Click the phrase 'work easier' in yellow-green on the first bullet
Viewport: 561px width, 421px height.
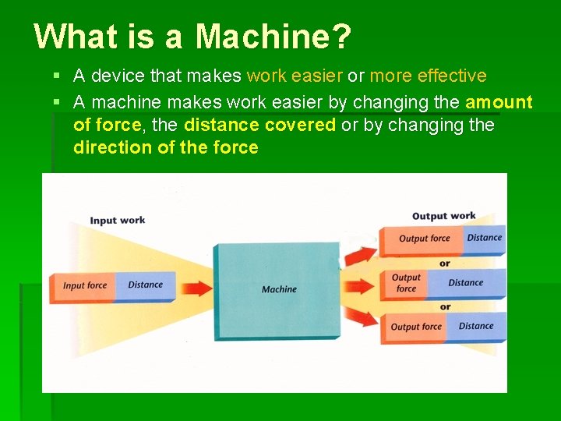(x=295, y=76)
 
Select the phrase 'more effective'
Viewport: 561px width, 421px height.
(x=428, y=76)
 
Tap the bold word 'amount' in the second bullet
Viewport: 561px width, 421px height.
(x=499, y=102)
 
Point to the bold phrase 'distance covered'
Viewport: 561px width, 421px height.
(x=259, y=126)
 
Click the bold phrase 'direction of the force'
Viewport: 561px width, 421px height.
(x=165, y=147)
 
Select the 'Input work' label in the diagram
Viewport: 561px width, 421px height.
(x=117, y=220)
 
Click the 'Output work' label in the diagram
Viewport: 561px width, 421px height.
(x=443, y=216)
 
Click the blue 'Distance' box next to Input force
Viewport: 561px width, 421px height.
(x=146, y=285)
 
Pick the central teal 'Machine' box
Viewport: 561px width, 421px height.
(x=278, y=288)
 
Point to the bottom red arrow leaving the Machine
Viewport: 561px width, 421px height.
(x=359, y=317)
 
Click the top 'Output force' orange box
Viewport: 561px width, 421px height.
(x=423, y=239)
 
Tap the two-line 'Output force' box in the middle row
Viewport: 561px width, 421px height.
(x=405, y=283)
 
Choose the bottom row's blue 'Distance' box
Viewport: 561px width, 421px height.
(x=476, y=326)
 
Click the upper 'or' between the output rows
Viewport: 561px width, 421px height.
(x=444, y=263)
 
